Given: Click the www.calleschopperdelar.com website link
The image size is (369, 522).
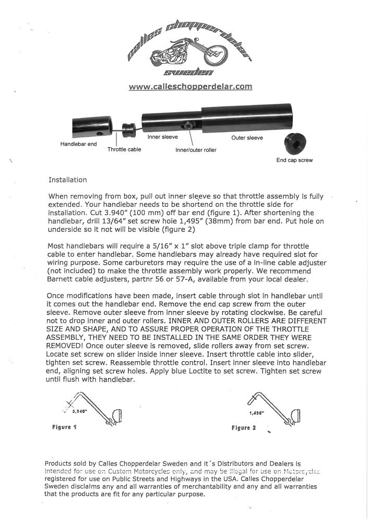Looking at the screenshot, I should coord(191,87).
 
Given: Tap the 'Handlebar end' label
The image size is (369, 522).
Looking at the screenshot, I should coord(78,144).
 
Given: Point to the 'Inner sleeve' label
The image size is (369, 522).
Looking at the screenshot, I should coord(163,137).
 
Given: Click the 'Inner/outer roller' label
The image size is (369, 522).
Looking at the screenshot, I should coord(196,150).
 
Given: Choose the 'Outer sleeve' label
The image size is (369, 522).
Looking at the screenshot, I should coord(247,138).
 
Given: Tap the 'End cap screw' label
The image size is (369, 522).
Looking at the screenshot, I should coord(294,160).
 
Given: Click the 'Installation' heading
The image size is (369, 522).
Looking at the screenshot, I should coord(67,180).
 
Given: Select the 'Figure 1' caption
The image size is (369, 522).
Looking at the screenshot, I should coord(65,427).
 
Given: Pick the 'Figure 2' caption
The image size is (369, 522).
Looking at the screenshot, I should coord(244,428).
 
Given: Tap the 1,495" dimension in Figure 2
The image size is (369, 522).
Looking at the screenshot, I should coord(256,412).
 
